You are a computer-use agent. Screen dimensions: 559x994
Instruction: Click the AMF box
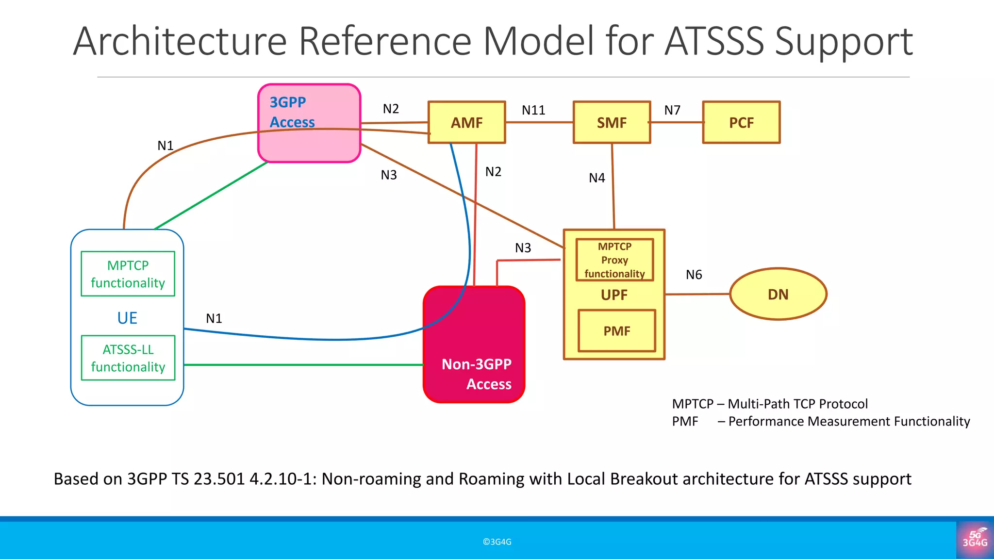466,122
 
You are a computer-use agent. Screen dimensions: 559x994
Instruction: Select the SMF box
612,122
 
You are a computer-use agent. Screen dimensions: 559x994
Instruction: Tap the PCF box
741,122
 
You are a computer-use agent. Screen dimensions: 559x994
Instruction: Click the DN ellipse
778,294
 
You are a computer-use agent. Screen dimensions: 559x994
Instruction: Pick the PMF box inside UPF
616,331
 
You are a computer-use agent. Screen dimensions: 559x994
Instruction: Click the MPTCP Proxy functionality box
614,260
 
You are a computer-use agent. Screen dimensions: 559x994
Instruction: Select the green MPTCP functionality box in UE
128,274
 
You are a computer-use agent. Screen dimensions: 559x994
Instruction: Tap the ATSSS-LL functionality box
128,358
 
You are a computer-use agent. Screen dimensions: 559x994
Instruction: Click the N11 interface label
533,110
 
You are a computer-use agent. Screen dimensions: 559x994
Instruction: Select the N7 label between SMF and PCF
672,110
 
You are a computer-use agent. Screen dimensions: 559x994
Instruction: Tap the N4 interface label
596,178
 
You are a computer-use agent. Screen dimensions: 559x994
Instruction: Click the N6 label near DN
694,275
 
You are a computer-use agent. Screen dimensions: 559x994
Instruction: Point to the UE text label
127,318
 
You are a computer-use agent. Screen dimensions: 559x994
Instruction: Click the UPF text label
614,295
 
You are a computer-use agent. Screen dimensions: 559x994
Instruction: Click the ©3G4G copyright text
497,542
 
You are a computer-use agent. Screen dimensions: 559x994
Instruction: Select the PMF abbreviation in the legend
685,421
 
